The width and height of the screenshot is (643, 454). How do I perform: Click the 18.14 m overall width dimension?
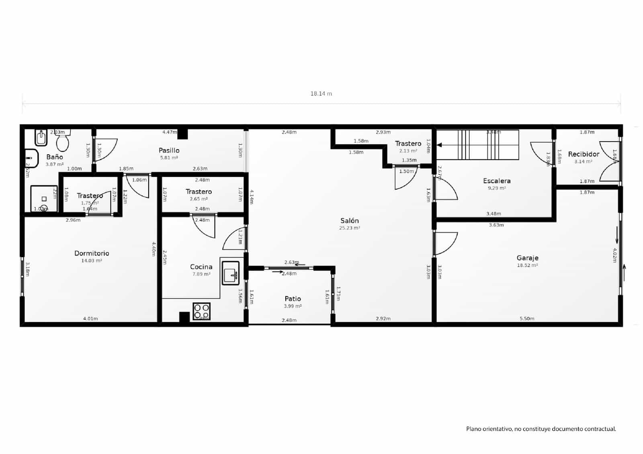tap(321, 94)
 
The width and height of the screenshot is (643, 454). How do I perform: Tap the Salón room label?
tap(349, 221)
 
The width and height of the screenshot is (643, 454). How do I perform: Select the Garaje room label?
tap(527, 258)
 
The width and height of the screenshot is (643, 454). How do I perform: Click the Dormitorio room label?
tap(92, 253)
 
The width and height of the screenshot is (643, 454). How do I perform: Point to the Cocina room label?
tap(201, 267)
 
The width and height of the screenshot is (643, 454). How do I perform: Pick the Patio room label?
tap(293, 299)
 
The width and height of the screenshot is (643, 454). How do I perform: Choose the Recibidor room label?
tap(584, 154)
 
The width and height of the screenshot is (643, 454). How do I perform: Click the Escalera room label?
tap(497, 181)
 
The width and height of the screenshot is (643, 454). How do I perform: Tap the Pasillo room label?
tap(169, 150)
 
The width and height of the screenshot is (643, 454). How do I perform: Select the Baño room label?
tap(54, 157)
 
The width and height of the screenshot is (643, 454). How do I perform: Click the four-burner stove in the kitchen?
tap(201, 311)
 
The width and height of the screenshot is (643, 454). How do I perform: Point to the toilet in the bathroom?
tap(62, 141)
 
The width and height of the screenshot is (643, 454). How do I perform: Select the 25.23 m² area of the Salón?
tap(349, 228)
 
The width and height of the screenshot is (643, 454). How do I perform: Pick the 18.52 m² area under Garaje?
tap(527, 265)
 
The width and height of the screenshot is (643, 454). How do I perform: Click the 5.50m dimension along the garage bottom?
tap(527, 319)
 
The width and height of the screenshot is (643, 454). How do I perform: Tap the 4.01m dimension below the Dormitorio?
tap(90, 319)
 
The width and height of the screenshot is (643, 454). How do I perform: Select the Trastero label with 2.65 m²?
tap(199, 192)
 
